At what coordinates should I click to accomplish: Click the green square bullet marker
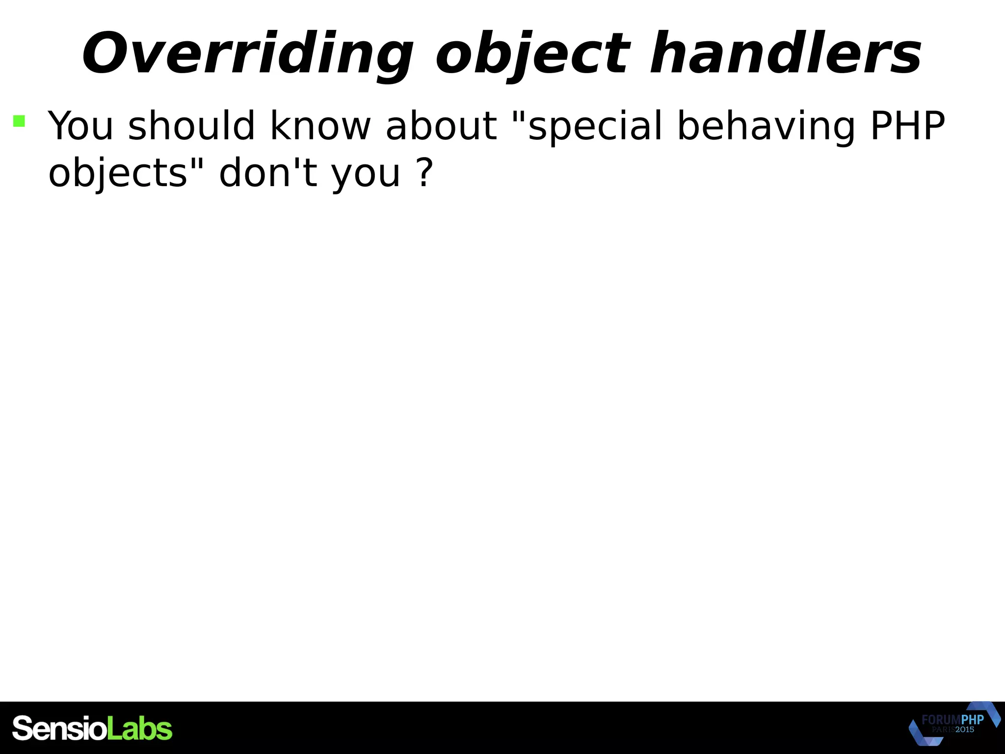(19, 121)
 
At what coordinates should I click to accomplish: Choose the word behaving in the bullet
(766, 127)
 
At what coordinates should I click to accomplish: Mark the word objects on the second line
(118, 174)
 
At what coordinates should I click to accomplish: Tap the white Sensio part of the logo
(59, 728)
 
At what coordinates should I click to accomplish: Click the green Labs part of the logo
(139, 728)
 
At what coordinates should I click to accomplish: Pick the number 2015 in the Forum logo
(965, 729)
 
